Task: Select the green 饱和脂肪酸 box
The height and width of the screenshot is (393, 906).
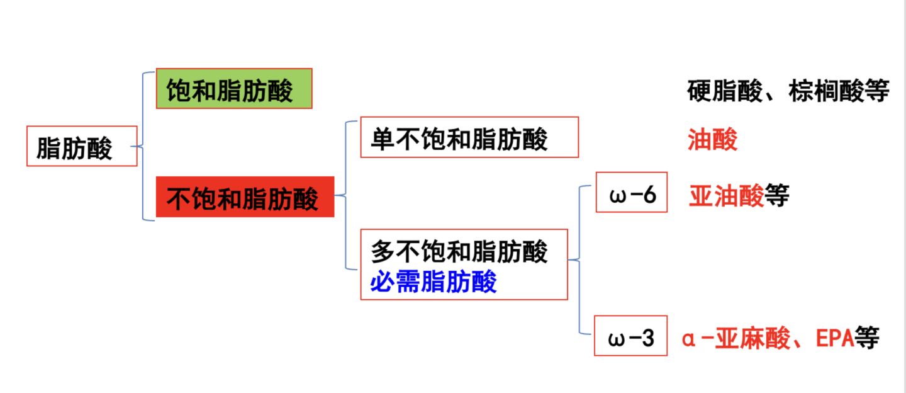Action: pos(234,89)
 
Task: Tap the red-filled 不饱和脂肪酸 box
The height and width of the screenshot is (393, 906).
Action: pos(245,197)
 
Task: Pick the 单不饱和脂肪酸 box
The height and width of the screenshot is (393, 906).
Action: pos(469,137)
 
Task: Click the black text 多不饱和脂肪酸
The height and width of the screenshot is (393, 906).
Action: pos(459,251)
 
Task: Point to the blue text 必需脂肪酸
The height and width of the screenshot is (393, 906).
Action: pos(433,282)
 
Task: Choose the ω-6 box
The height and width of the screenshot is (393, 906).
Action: pos(631,195)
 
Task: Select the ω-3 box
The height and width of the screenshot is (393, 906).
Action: pos(631,339)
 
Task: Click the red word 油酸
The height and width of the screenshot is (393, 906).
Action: pos(712,140)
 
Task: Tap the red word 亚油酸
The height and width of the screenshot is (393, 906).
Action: pos(726,196)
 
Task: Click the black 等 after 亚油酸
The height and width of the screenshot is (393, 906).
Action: pos(777,196)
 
